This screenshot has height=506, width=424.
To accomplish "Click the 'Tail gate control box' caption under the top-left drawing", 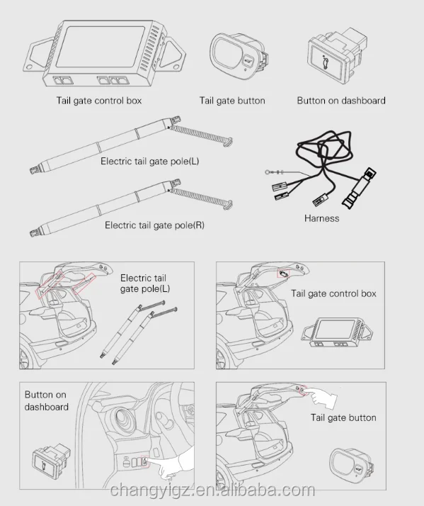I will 98,101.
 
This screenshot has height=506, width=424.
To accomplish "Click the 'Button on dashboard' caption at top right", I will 341,101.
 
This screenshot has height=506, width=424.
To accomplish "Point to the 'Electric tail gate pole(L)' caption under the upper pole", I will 149,161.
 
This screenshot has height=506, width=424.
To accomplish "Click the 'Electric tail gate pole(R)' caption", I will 154,225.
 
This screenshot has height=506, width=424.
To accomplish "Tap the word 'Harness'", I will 321,218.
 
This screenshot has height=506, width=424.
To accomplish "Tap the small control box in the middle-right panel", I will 332,334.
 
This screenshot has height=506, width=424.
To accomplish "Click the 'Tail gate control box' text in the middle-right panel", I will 333,293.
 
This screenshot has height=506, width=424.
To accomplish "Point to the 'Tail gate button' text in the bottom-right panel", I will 343,417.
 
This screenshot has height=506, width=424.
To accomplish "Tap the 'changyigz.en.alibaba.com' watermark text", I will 212,490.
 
